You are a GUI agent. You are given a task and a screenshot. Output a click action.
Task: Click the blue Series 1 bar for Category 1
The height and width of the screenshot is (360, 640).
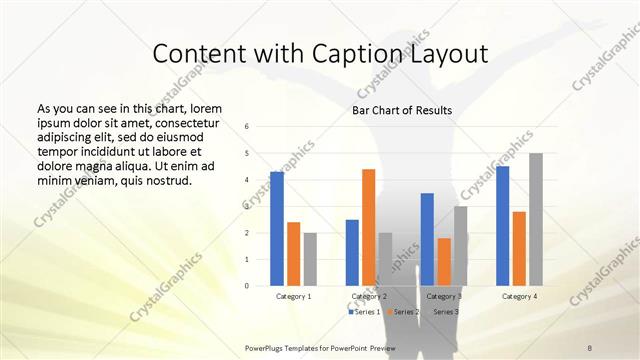[277, 229]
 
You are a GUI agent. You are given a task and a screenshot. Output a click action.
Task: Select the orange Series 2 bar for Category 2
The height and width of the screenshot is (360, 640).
[369, 227]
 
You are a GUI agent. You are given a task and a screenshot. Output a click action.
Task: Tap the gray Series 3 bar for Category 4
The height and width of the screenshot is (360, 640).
[536, 219]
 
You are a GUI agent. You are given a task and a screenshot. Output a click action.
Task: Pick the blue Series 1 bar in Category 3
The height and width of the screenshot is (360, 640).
[427, 239]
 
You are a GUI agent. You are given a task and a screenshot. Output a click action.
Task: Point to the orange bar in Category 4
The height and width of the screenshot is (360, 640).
[519, 248]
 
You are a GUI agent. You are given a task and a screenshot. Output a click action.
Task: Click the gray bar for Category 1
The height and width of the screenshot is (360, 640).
[310, 259]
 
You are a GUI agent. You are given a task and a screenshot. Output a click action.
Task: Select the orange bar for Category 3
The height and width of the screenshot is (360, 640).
[444, 262]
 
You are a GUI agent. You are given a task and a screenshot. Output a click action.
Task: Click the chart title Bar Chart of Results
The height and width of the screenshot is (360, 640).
[401, 110]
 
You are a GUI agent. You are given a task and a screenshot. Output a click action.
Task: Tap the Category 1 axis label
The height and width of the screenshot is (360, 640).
[294, 296]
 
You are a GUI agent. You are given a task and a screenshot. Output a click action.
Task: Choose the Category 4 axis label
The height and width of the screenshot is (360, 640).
[519, 296]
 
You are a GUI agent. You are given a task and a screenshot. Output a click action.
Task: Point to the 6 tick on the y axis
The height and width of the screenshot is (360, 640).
[247, 127]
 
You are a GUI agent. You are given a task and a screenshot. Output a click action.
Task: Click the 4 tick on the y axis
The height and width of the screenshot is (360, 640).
[247, 180]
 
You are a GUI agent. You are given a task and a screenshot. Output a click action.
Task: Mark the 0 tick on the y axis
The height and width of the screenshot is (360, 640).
[247, 286]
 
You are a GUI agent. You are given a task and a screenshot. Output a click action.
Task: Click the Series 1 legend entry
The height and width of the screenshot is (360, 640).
[364, 312]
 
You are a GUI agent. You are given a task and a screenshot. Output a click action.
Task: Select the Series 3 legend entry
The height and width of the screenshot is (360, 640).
[447, 312]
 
